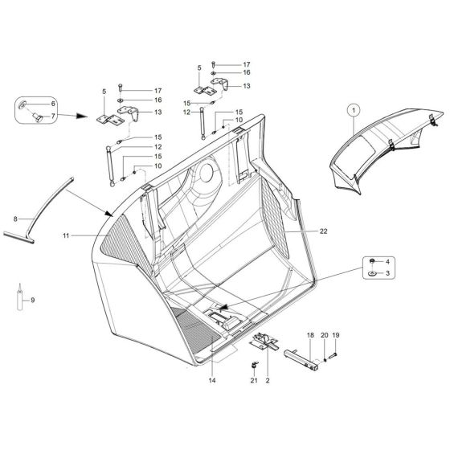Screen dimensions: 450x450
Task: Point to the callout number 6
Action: pos(54,104)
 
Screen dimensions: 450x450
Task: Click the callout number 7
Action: pos(54,117)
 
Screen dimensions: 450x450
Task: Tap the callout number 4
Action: pos(390,263)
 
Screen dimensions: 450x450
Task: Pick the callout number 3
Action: pos(390,275)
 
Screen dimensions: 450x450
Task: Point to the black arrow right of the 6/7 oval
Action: pos(78,114)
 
